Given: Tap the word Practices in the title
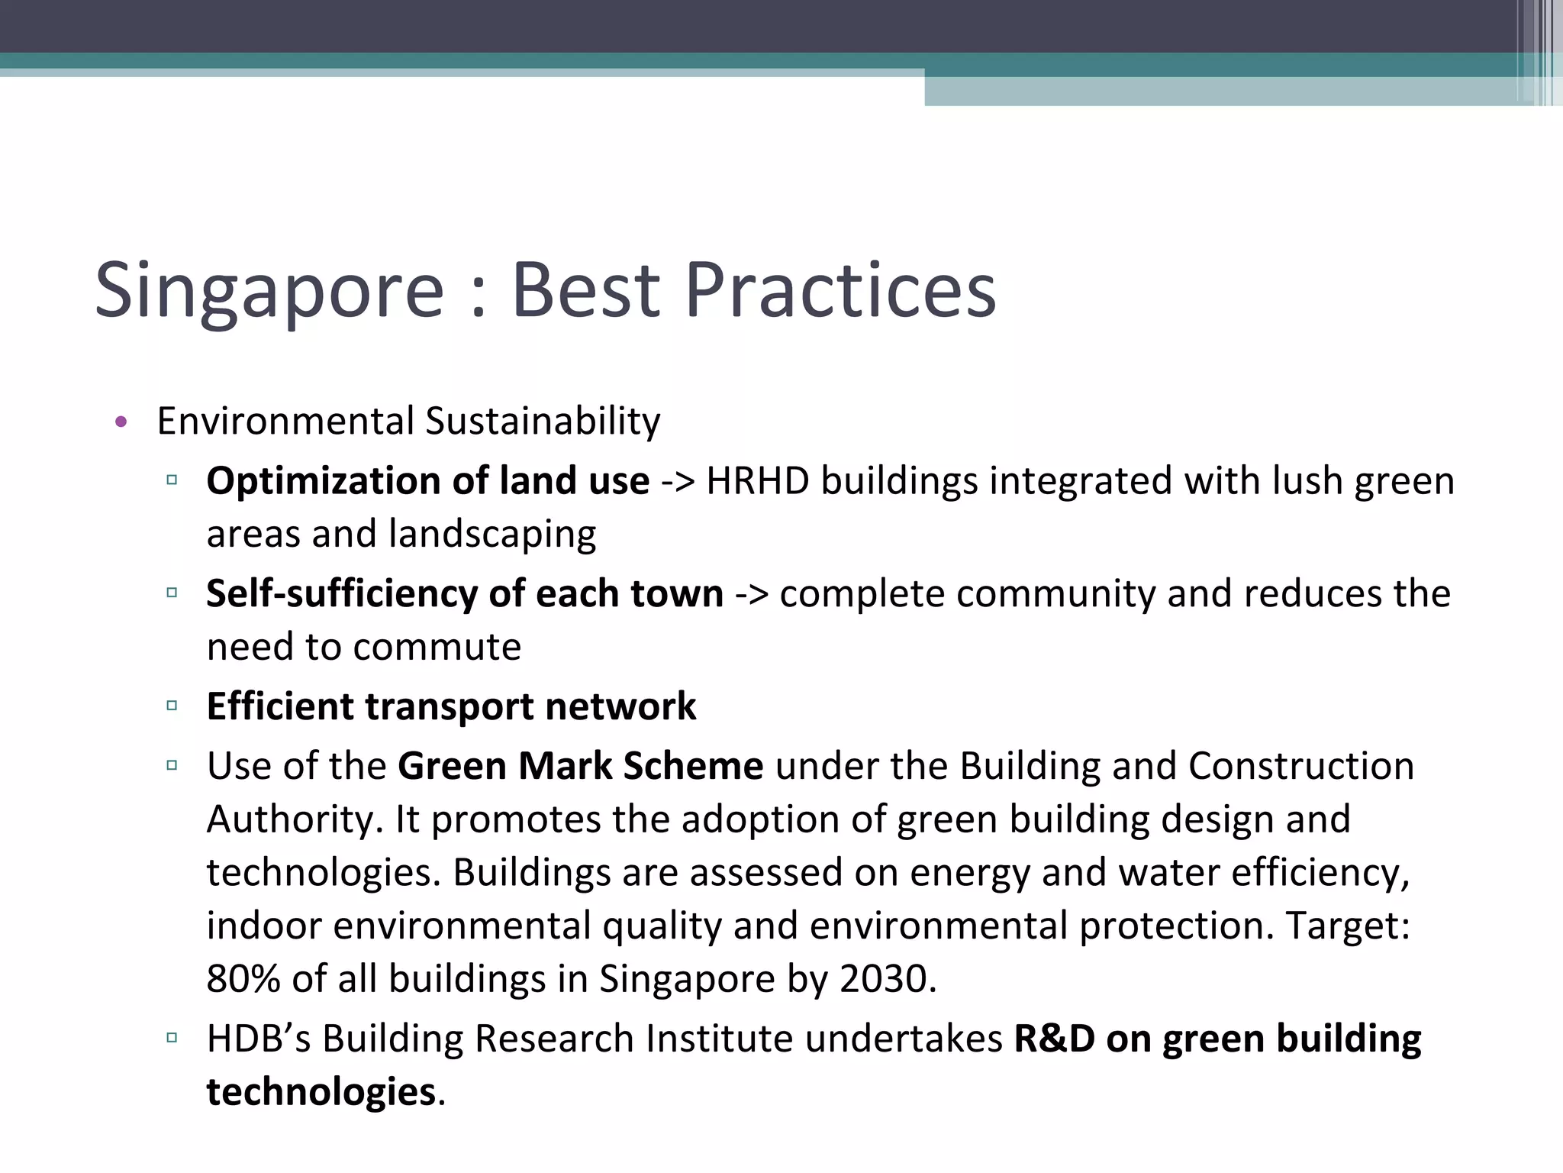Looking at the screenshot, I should pos(840,290).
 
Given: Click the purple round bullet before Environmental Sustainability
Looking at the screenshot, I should pos(121,422).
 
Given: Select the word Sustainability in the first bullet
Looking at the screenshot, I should pos(542,422).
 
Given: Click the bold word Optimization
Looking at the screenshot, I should pos(323,482).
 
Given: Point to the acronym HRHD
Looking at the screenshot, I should pos(757,482).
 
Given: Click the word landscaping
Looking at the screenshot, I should pos(492,534).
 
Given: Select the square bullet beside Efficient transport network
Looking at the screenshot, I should pos(172,706).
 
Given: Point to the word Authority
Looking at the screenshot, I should pos(294,819).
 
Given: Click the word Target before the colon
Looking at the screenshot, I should pos(1343,926).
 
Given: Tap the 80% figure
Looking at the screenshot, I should pos(243,979).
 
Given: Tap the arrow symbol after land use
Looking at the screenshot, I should pos(678,482).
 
